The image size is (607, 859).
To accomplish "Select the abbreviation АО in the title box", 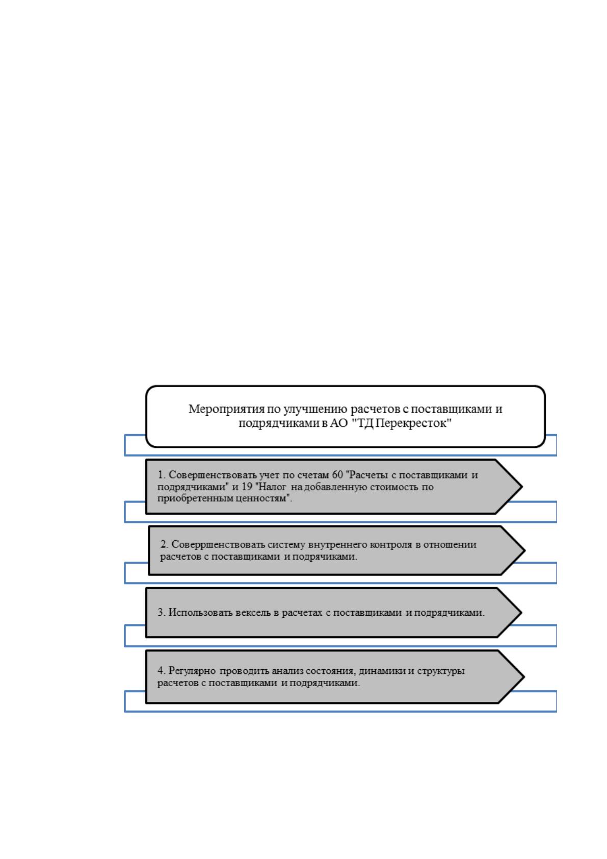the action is (x=339, y=423).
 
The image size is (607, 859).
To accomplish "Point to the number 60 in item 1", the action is (x=337, y=475).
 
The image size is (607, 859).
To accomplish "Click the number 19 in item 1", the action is (x=247, y=487).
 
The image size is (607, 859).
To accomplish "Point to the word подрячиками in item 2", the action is (x=325, y=557).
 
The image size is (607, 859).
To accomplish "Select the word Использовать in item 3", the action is (x=200, y=613).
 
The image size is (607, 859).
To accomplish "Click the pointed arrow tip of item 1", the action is (x=521, y=486).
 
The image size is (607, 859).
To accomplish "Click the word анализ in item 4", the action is (x=286, y=671).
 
